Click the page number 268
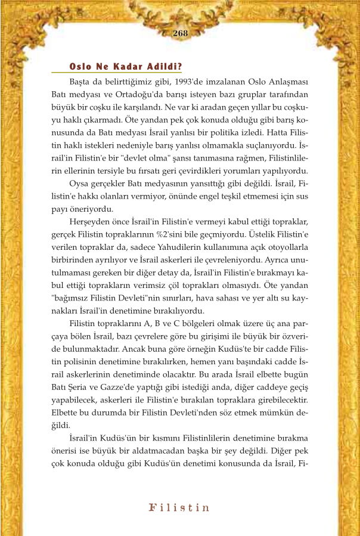[x=180, y=33]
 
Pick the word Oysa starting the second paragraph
[x=80, y=182]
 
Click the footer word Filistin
[x=179, y=508]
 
